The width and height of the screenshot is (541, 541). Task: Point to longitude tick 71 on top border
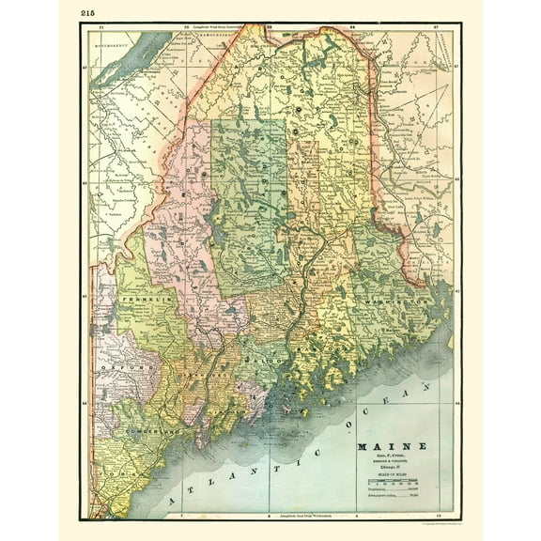(x=100, y=27)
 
